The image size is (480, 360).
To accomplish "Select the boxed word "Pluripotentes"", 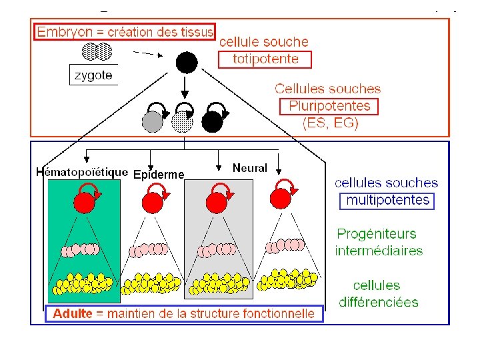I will [329, 106].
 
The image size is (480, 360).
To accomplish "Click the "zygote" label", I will [93, 75].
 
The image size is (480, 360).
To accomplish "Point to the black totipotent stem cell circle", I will [186, 63].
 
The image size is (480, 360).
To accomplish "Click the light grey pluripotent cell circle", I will [153, 121].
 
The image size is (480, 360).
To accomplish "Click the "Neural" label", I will [249, 168].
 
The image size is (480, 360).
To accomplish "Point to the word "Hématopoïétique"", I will [81, 171].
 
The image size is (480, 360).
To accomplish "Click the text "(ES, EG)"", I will [329, 123].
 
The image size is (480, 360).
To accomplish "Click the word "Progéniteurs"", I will [376, 234].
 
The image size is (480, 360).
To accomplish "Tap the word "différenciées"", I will [379, 302].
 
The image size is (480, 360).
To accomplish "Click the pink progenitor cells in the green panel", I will [81, 250].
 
